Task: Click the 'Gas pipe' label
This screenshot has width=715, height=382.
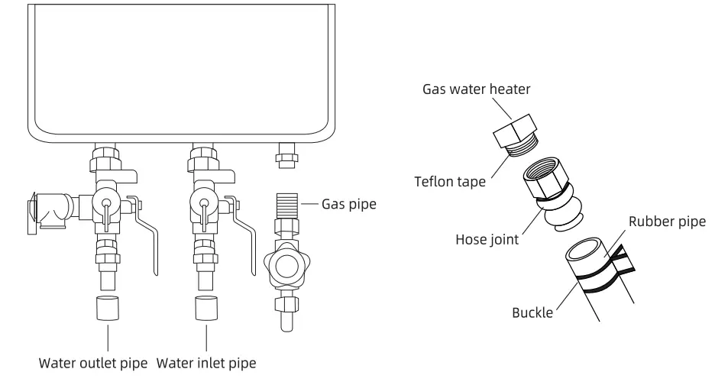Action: (x=348, y=205)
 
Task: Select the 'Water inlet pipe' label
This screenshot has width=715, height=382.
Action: (x=206, y=361)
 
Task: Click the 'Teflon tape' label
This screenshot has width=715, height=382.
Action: (x=446, y=182)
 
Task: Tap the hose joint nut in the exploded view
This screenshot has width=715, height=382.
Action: (x=545, y=181)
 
